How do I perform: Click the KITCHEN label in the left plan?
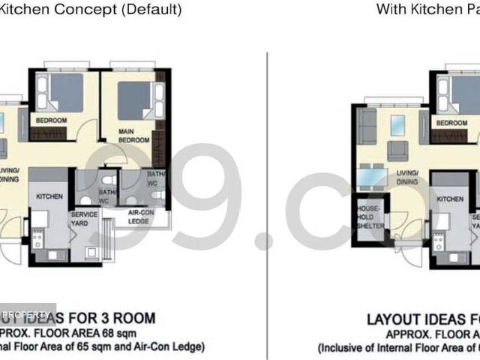pyautogui.click(x=50, y=196)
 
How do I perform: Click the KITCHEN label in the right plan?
pyautogui.click(x=451, y=199)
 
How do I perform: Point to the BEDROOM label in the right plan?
pyautogui.click(x=451, y=123)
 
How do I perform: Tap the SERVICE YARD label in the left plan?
pyautogui.click(x=83, y=219)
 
